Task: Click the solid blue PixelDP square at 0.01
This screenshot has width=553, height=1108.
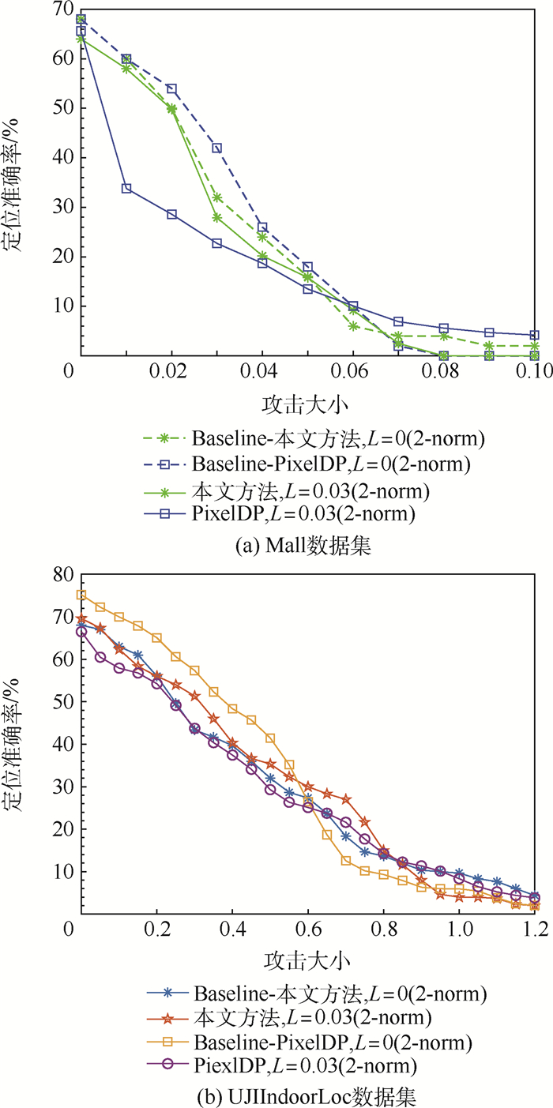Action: coord(126,188)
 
